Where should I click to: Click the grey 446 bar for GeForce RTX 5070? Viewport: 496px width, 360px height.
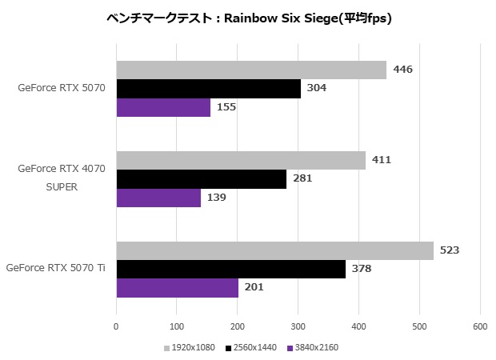[x=251, y=70]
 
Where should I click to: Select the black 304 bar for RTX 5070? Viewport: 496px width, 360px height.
[x=208, y=89]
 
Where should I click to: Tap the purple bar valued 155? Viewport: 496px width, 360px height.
[x=163, y=107]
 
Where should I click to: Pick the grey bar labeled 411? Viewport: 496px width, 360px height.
[x=241, y=161]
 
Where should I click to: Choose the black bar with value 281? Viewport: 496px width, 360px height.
[x=202, y=179]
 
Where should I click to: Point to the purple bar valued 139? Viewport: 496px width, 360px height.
[x=158, y=198]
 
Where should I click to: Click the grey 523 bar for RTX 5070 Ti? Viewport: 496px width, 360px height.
[x=274, y=251]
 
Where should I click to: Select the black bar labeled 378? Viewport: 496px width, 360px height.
[x=230, y=270]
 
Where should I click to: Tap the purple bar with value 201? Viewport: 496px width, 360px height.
[x=178, y=288]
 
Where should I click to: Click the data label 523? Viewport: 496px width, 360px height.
[x=449, y=250]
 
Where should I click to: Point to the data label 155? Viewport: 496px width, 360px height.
[x=226, y=107]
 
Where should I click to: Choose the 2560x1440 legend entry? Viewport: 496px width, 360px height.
[x=254, y=348]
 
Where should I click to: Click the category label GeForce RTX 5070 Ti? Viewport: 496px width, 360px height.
[x=55, y=267]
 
